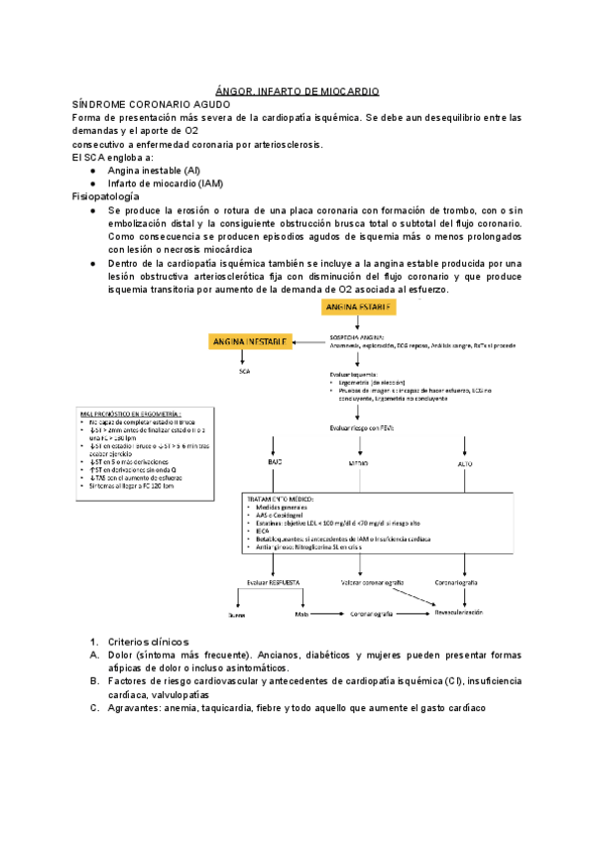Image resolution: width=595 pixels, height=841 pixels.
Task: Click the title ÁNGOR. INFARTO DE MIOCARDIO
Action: [297, 90]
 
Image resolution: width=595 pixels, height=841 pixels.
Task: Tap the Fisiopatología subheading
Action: [105, 197]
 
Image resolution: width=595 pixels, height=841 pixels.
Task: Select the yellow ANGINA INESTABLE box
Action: [248, 341]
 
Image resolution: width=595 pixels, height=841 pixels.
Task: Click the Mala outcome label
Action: [301, 615]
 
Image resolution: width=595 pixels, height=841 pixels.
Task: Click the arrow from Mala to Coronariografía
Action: [328, 615]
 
